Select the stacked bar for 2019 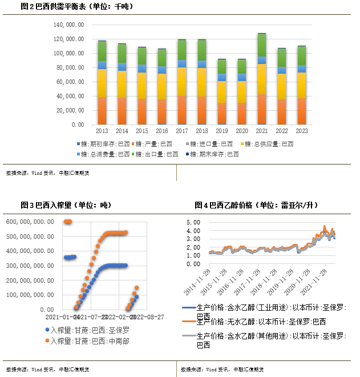[222, 91]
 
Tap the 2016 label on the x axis [161, 131]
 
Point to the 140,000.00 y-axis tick [69, 26]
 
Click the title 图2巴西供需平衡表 [75, 6]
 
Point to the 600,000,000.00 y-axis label [30, 222]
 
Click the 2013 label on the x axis [102, 131]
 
